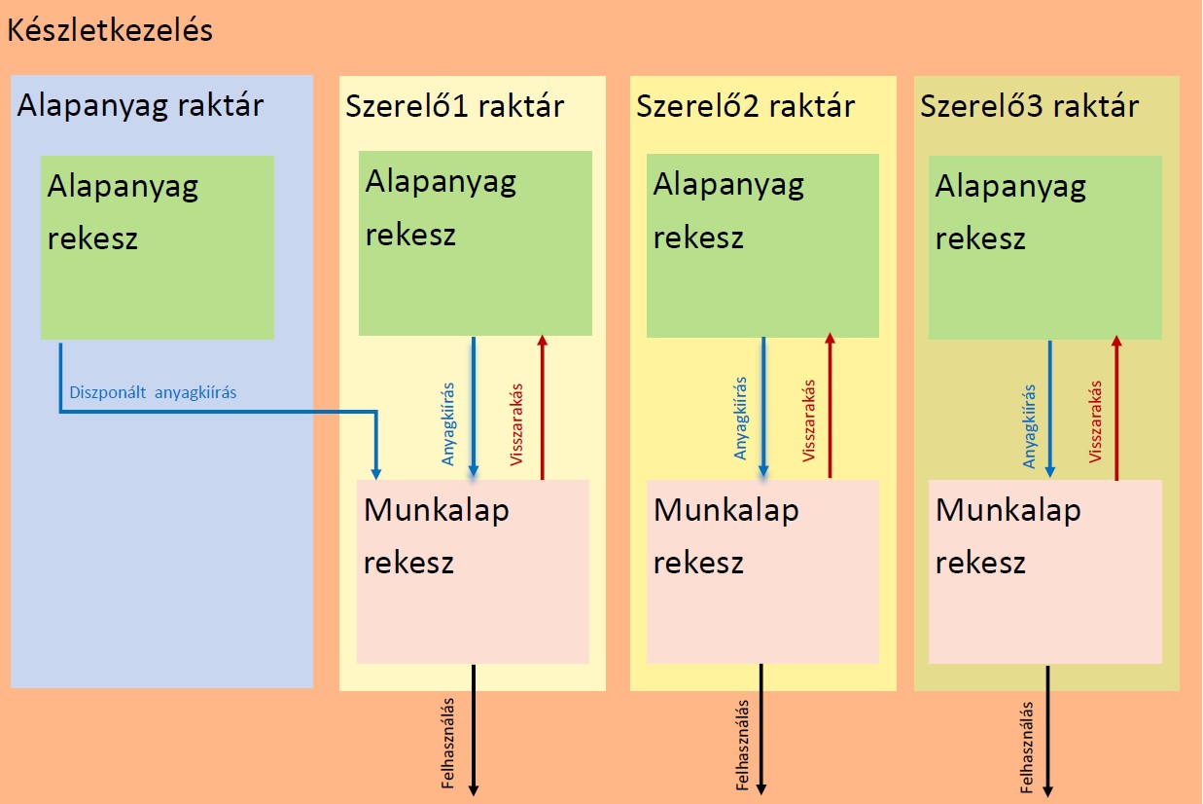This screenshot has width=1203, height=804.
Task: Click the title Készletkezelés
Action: (109, 31)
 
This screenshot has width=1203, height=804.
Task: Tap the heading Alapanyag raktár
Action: (140, 105)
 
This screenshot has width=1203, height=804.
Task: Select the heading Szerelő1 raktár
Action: (454, 105)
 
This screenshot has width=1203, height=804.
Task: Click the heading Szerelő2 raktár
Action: (745, 105)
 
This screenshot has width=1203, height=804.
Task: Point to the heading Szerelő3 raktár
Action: (1029, 105)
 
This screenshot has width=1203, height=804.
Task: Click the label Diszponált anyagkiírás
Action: (154, 393)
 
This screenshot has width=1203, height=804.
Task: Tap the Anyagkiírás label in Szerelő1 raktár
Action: (448, 422)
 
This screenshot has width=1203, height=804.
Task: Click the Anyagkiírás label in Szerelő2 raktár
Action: (741, 420)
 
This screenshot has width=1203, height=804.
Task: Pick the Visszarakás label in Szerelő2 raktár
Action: (808, 420)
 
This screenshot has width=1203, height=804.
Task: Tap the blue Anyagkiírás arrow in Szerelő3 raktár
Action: (1050, 409)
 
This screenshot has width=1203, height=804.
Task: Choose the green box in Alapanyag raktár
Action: (158, 247)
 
